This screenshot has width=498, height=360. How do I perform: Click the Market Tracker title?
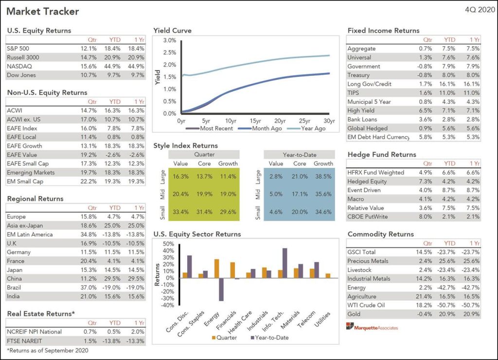[43, 11]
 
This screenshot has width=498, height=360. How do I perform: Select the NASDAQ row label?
[18, 66]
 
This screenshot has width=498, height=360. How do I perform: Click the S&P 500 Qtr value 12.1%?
[89, 49]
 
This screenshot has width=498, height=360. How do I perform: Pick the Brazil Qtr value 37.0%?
[89, 288]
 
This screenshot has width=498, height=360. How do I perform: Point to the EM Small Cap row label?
[24, 181]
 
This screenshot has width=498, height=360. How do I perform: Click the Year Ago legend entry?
[311, 128]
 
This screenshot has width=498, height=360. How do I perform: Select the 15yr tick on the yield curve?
[255, 121]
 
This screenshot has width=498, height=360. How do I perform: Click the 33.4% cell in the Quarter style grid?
[180, 212]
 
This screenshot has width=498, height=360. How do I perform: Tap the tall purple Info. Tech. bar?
[285, 263]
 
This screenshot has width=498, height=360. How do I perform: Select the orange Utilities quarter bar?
[328, 275]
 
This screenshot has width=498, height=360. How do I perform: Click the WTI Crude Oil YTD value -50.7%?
[449, 305]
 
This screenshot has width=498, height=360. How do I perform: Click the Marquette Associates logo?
[373, 327]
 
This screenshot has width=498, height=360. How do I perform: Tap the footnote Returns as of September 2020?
[48, 350]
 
